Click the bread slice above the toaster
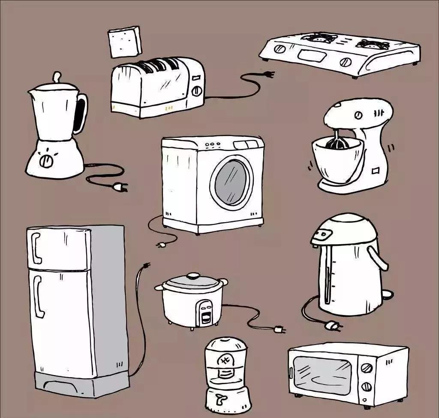(x=124, y=41)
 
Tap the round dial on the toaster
(x=197, y=91)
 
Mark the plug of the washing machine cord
(x=162, y=245)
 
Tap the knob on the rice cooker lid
(x=194, y=275)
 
